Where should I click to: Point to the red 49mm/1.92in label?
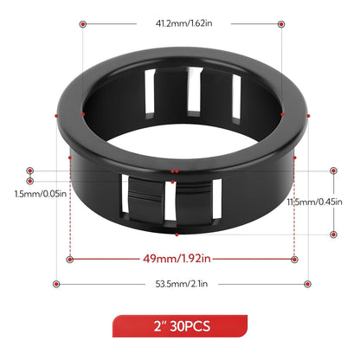click(x=181, y=257)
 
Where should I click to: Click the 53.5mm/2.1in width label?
click(x=181, y=283)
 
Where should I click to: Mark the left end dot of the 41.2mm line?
click(x=82, y=26)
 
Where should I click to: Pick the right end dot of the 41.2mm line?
click(x=281, y=26)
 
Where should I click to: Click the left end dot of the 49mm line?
click(x=69, y=257)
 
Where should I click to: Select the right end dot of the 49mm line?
click(x=295, y=257)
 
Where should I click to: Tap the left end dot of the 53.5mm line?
click(x=56, y=283)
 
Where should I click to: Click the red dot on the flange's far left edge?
click(x=56, y=115)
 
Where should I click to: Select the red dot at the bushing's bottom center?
click(x=177, y=234)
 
